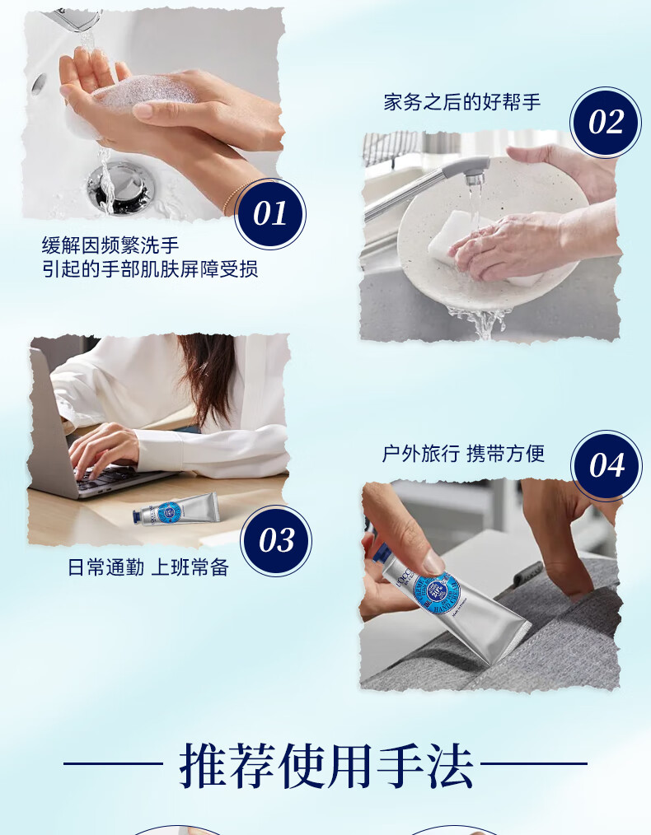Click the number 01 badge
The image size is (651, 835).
[x=270, y=213]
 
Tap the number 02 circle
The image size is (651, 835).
[x=606, y=122]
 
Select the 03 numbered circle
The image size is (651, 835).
[x=276, y=540]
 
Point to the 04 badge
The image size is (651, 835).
[x=607, y=465]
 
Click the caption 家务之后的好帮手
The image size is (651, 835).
[x=461, y=102]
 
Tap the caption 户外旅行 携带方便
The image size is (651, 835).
[x=463, y=454]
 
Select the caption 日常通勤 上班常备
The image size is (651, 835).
[x=148, y=567]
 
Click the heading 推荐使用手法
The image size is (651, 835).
[x=326, y=765]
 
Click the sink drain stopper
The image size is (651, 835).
[x=120, y=187]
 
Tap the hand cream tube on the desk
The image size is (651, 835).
[x=176, y=509]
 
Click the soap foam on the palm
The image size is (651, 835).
[x=145, y=92]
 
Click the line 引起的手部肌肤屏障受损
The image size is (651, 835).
[x=150, y=269]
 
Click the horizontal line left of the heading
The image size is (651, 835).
[x=113, y=763]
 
